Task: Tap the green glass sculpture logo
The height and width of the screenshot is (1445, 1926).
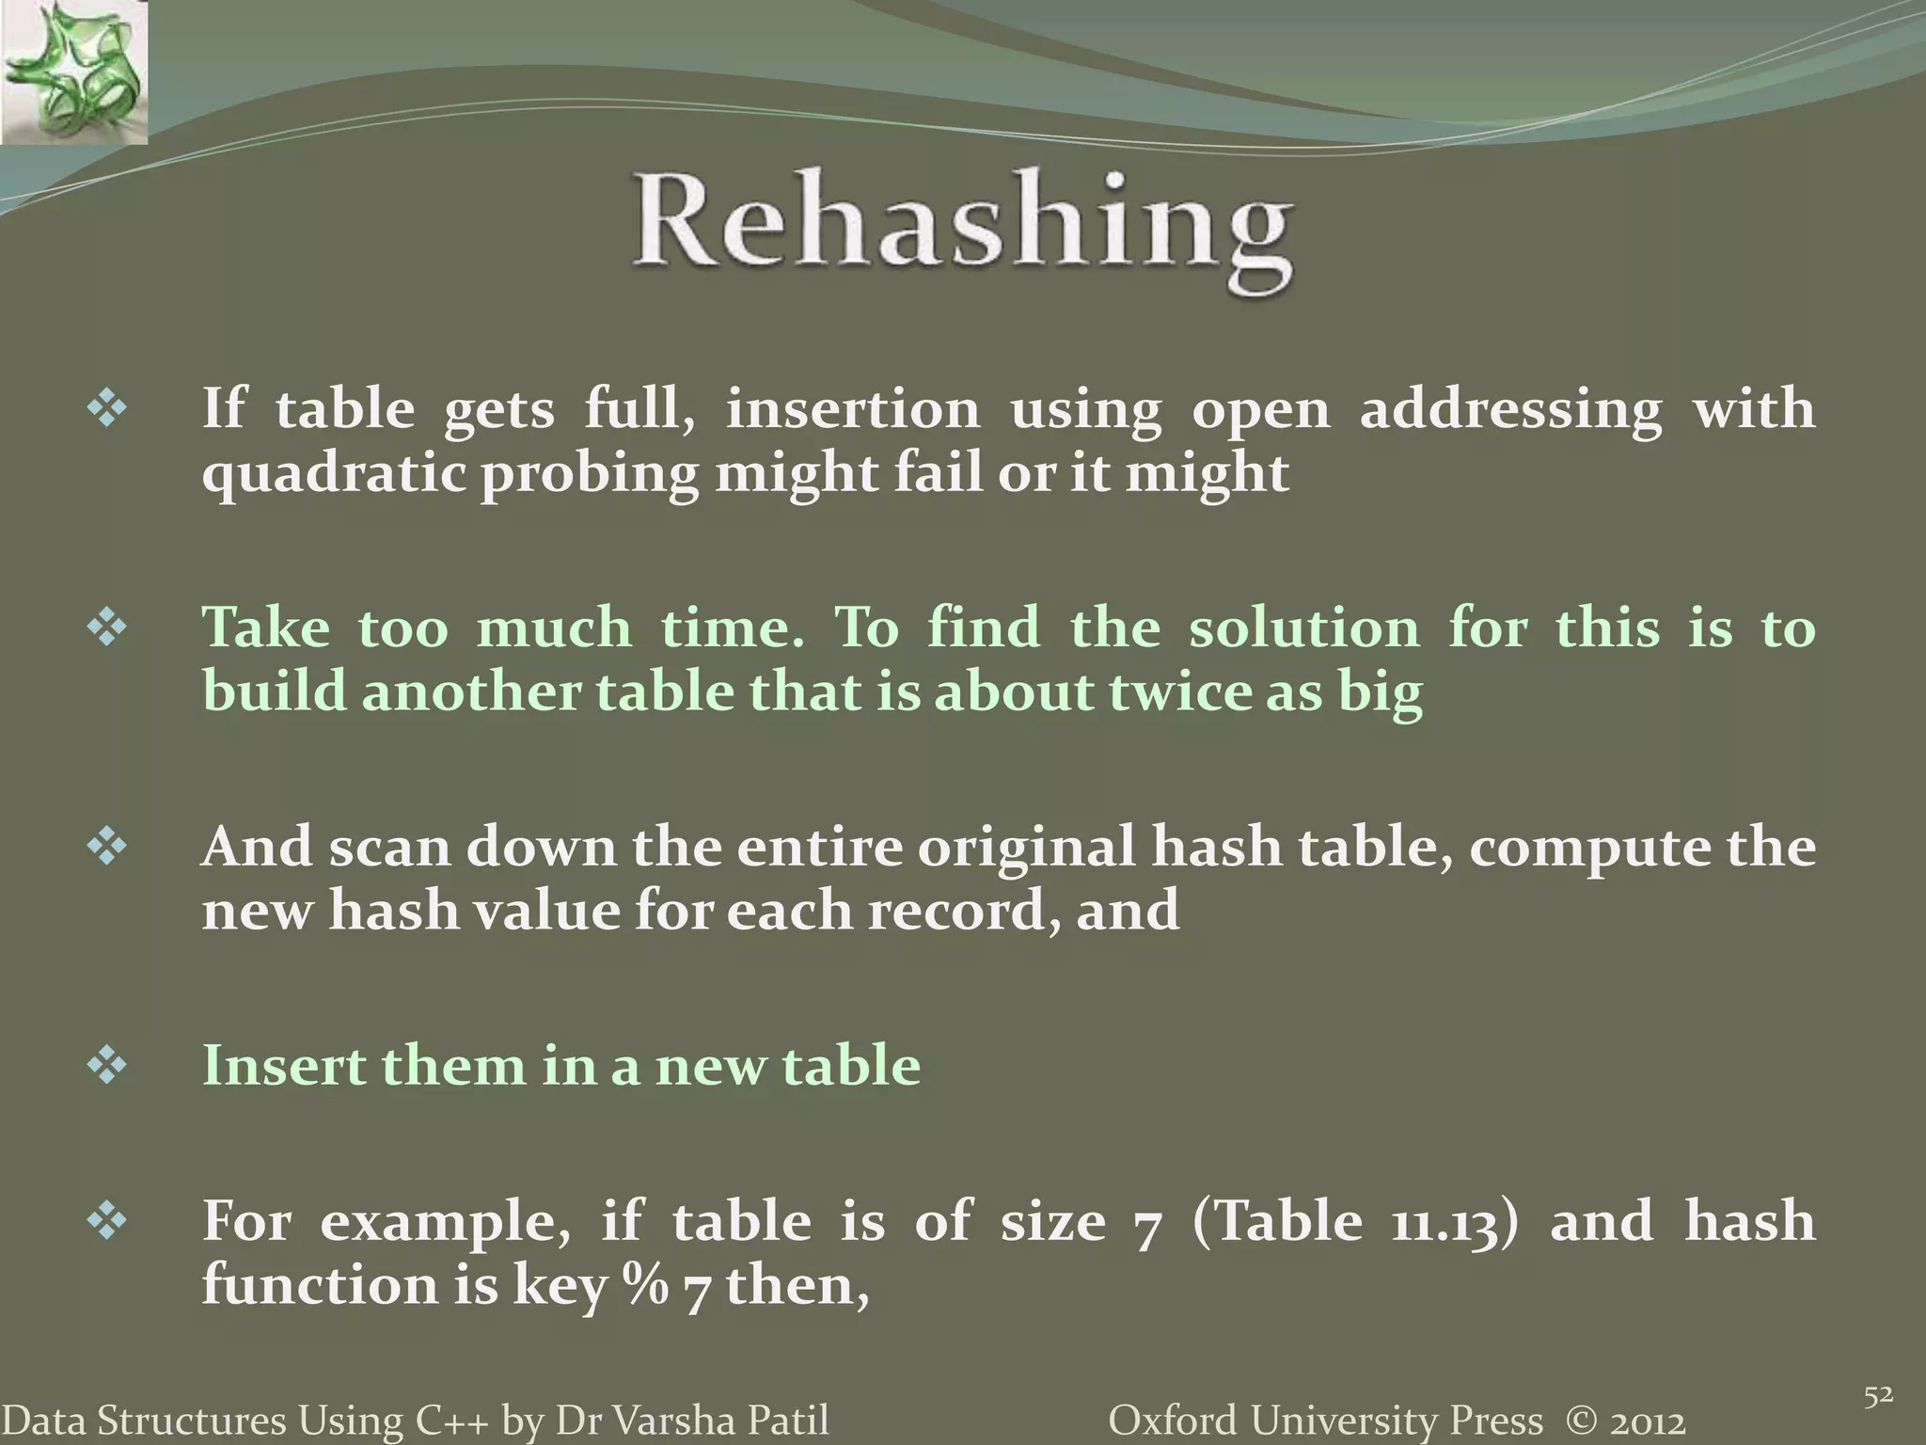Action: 72,71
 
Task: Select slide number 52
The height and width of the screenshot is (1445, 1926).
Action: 1878,1397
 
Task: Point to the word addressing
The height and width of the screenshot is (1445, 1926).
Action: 1510,411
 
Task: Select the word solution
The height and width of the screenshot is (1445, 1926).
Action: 1303,628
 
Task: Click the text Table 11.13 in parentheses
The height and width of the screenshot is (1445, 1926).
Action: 1354,1222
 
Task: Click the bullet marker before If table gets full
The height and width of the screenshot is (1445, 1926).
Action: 107,411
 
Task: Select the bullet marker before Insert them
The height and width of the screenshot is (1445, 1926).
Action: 107,1067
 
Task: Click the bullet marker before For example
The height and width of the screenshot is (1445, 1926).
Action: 107,1222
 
